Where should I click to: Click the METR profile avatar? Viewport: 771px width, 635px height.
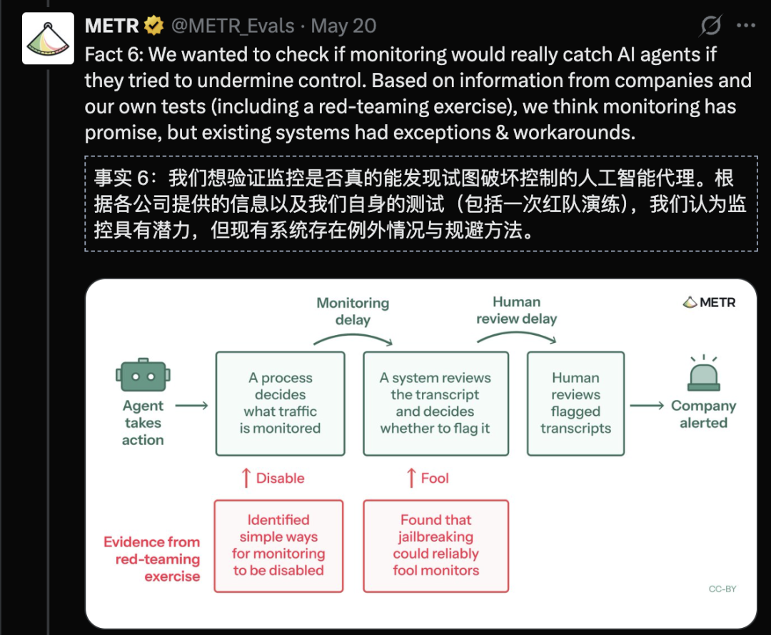48,39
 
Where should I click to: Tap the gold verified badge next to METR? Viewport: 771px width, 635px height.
153,26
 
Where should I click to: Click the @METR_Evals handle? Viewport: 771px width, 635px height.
233,26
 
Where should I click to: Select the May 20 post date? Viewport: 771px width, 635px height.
343,26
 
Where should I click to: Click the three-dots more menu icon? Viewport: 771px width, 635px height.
745,26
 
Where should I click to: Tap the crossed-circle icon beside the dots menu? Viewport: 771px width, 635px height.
710,26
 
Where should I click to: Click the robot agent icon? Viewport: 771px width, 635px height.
143,375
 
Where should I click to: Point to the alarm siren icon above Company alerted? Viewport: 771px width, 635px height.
704,374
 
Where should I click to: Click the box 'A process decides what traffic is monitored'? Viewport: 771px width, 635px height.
281,404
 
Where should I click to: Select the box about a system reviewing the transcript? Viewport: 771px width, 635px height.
435,404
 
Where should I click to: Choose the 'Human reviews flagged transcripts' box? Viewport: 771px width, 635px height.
576,404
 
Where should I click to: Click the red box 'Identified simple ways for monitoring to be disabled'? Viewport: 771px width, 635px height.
279,546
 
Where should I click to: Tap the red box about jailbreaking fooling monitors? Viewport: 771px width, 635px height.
435,546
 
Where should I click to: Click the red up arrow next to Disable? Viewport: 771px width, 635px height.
246,478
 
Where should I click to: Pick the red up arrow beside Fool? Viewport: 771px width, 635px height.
412,478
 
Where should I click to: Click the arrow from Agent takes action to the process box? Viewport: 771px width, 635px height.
192,405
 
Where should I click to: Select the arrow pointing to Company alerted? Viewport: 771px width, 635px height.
647,405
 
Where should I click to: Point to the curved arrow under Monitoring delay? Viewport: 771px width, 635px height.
353,335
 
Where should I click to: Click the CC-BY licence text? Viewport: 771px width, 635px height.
722,589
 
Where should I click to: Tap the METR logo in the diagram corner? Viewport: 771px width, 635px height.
709,302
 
